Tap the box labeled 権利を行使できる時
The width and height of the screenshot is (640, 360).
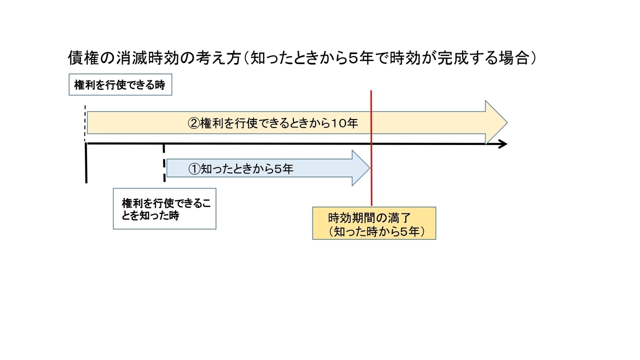click(120, 84)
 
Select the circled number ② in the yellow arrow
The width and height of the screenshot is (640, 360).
click(193, 123)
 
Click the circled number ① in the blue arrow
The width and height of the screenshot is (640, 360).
click(194, 169)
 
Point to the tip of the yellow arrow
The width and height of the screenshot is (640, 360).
click(507, 123)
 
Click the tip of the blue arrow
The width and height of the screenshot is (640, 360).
click(369, 168)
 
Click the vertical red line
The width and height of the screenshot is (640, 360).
click(371, 148)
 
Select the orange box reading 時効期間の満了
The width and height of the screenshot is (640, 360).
click(374, 223)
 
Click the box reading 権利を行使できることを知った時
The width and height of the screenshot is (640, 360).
click(164, 208)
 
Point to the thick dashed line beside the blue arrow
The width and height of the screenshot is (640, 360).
click(164, 163)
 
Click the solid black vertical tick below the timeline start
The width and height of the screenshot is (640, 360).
click(86, 163)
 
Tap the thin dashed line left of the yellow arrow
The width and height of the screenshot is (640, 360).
click(85, 123)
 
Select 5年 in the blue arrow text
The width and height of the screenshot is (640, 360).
click(284, 169)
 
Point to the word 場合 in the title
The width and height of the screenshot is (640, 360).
click(513, 58)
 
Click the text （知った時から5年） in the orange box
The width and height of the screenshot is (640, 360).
click(376, 231)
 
